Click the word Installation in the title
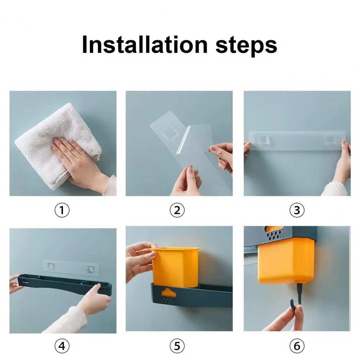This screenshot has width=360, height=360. pyautogui.click(x=145, y=45)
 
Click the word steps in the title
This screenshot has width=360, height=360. pyautogui.click(x=246, y=46)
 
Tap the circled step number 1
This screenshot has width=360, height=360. pyautogui.click(x=62, y=210)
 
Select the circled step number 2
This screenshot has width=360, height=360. pyautogui.click(x=177, y=210)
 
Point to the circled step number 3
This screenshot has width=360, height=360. pyautogui.click(x=297, y=210)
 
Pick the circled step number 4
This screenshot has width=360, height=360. pyautogui.click(x=62, y=346)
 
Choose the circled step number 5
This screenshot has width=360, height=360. pyautogui.click(x=177, y=346)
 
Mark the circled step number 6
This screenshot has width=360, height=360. pyautogui.click(x=297, y=346)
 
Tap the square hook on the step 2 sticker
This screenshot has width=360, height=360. pyautogui.click(x=171, y=133)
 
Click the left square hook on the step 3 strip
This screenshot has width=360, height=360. pyautogui.click(x=264, y=139)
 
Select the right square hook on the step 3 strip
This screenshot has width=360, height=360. pyautogui.click(x=331, y=139)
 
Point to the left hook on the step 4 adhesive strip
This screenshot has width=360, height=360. pyautogui.click(x=51, y=266)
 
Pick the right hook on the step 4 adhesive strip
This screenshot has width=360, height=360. pyautogui.click(x=90, y=269)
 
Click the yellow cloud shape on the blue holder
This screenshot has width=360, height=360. pyautogui.click(x=169, y=292)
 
